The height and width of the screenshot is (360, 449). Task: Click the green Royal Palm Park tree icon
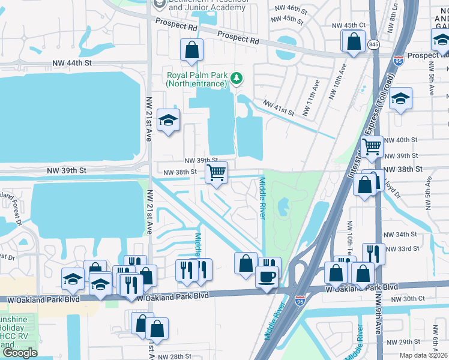[x=237, y=77]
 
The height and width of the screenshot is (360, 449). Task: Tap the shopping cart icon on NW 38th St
[x=216, y=173]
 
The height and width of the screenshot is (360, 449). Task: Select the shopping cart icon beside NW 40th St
[x=372, y=145]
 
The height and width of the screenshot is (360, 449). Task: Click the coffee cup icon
[x=266, y=277]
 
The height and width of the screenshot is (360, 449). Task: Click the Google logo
[x=20, y=353]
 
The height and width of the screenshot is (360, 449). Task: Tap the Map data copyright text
[x=423, y=355]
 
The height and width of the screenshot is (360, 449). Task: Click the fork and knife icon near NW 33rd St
[x=373, y=253]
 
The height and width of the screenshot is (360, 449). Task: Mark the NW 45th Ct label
[x=349, y=25]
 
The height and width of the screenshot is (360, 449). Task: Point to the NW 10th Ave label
[x=337, y=83]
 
